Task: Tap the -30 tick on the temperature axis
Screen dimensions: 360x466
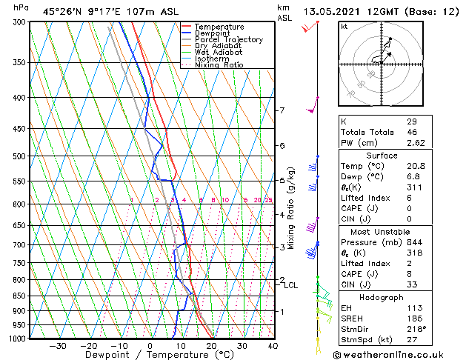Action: [x=57, y=346]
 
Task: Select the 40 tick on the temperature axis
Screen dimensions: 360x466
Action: [x=273, y=346]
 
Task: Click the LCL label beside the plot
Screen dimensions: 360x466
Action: [x=291, y=285]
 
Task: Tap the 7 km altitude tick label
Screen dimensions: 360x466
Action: [x=282, y=110]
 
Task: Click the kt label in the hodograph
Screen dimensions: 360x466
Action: [x=344, y=26]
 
